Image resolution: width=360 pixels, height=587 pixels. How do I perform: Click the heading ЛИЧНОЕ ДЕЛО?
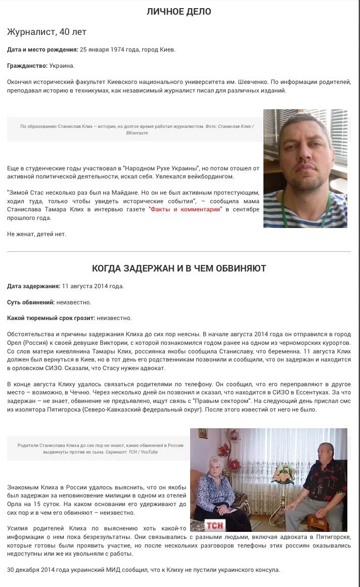179,12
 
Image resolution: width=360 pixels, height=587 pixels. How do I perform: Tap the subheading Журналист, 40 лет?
47,32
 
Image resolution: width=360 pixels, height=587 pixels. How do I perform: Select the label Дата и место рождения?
42,50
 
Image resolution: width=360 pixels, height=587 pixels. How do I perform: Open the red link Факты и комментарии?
185,209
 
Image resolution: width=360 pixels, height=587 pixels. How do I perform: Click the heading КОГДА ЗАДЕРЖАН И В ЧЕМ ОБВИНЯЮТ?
179,268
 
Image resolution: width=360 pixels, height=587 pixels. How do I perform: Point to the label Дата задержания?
33,286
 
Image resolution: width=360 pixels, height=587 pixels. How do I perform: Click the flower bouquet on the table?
284,473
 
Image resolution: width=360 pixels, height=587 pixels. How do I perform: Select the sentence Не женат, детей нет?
36,234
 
